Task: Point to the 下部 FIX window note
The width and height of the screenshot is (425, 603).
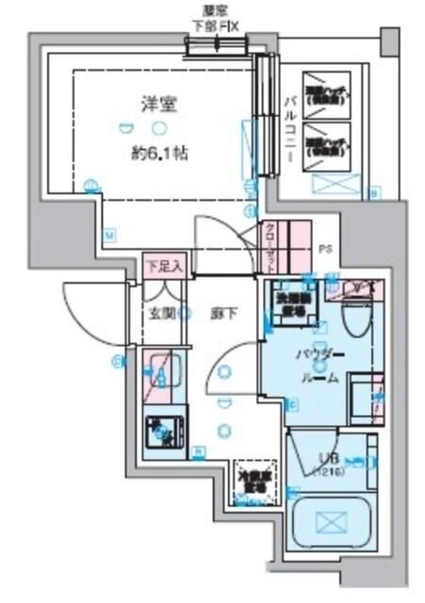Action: [x=215, y=27]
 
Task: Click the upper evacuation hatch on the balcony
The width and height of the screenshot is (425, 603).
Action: [x=326, y=94]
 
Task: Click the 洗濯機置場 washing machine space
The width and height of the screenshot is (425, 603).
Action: [x=288, y=299]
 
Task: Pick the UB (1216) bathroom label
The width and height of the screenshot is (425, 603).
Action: [x=326, y=462]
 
